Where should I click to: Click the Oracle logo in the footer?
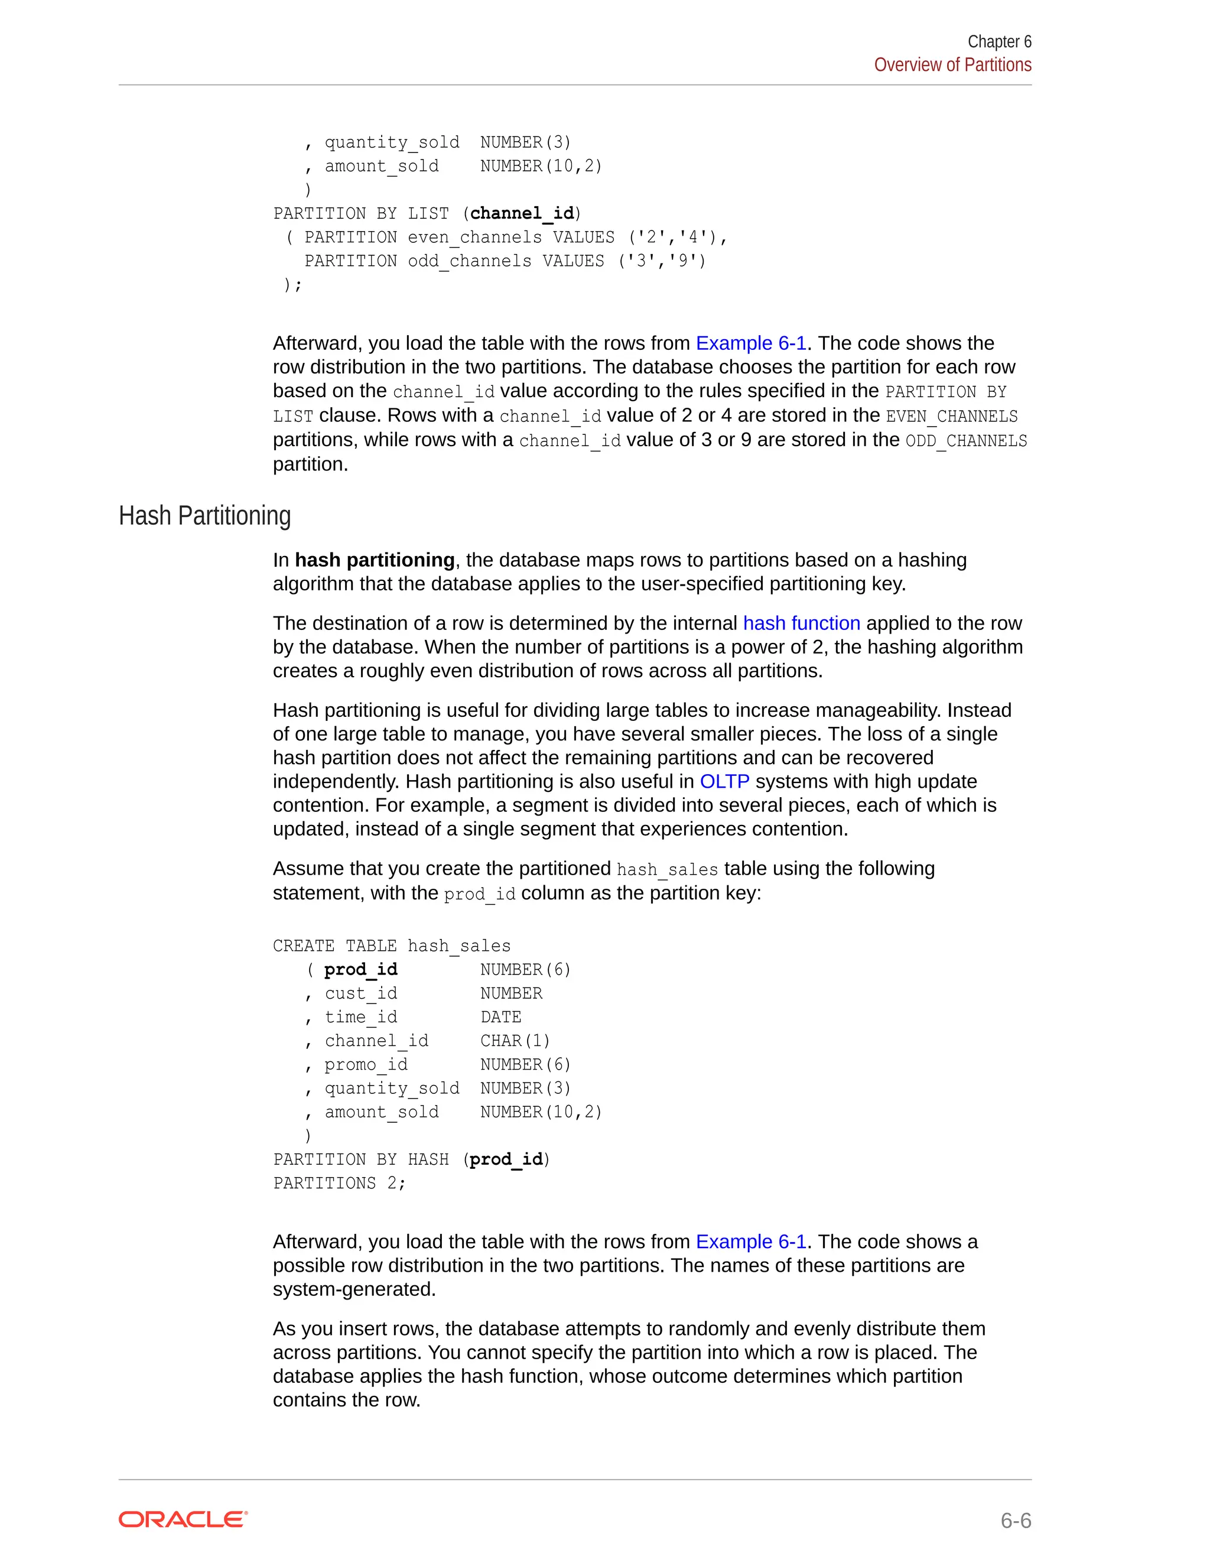[x=183, y=1519]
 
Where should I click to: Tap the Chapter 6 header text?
[x=998, y=41]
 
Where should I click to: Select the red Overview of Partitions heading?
[x=952, y=65]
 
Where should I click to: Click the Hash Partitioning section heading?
[x=204, y=515]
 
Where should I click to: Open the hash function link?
[x=801, y=623]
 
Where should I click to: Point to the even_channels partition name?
[x=474, y=238]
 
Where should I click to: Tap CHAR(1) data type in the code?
[x=515, y=1041]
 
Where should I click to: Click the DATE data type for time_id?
[x=500, y=1017]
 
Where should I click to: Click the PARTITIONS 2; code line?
[x=339, y=1183]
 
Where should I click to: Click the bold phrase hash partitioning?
[x=374, y=560]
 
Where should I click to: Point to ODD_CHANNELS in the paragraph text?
[x=965, y=440]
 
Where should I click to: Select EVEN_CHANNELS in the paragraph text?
[x=951, y=416]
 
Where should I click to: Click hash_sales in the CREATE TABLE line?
[x=458, y=946]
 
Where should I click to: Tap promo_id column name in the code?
[x=366, y=1064]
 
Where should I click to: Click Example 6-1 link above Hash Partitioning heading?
[x=750, y=343]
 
